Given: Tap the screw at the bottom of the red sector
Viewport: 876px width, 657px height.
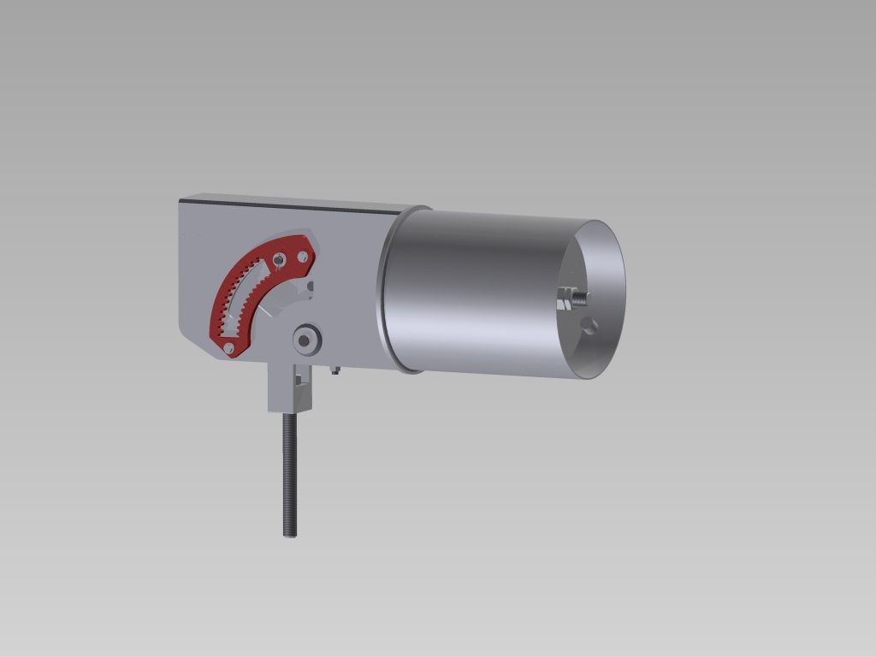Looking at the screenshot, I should click(228, 347).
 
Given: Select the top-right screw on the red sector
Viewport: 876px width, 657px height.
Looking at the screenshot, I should click(301, 256).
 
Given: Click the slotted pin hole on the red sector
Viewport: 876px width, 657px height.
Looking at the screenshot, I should click(278, 257).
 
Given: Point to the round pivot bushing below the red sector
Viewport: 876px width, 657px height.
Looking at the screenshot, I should click(305, 340).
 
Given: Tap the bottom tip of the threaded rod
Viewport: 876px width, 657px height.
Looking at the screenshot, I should click(290, 534).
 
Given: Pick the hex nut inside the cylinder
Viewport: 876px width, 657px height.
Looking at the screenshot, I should click(565, 299).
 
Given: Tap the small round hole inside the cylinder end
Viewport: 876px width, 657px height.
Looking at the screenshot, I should click(586, 324).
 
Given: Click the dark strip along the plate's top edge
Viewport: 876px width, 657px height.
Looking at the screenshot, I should click(282, 204).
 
